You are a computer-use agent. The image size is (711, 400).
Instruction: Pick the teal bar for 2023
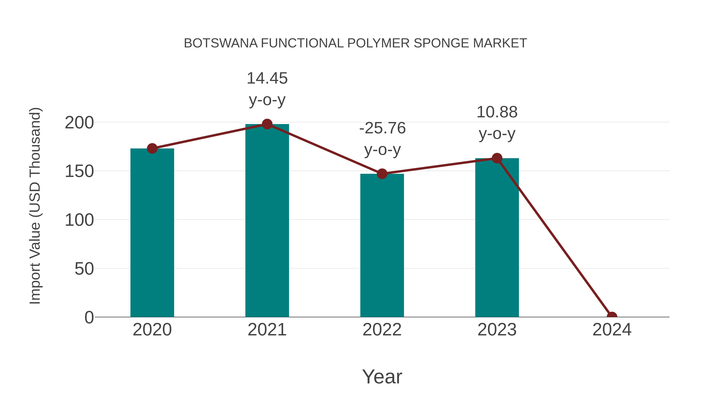click(x=497, y=237)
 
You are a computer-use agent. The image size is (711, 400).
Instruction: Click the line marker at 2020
click(x=152, y=149)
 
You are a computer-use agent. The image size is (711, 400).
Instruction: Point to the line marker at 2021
click(x=267, y=124)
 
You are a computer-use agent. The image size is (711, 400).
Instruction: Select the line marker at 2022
click(x=382, y=174)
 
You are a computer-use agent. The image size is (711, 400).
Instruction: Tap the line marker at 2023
click(x=497, y=158)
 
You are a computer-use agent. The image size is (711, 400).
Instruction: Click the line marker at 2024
click(x=612, y=316)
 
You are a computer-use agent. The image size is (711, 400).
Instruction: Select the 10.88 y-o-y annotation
click(x=497, y=123)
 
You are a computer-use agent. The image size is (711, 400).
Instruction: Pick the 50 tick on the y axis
click(x=84, y=269)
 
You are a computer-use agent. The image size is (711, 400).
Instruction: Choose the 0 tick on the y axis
click(x=89, y=317)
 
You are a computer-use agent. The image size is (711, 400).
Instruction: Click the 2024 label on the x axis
click(x=612, y=330)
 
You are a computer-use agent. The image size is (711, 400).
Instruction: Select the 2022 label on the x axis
click(x=382, y=330)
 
